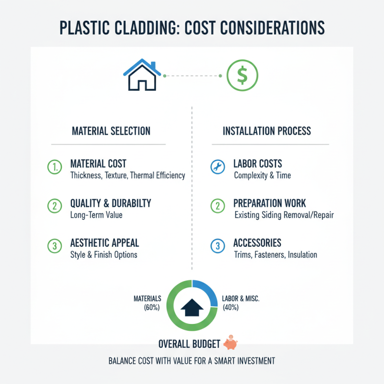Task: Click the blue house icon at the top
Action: (x=142, y=75)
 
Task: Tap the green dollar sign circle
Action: (x=242, y=75)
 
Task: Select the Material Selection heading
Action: (x=111, y=131)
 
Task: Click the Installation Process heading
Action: (x=266, y=131)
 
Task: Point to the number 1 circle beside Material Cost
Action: (x=54, y=167)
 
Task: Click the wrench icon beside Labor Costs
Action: (x=217, y=167)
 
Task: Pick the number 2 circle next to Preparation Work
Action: (x=217, y=206)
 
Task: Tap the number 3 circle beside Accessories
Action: (x=217, y=246)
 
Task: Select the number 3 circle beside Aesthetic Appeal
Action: (x=54, y=246)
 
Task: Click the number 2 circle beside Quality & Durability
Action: (x=54, y=206)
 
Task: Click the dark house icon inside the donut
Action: (x=192, y=306)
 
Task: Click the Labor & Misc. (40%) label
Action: (x=240, y=303)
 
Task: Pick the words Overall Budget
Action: (x=189, y=344)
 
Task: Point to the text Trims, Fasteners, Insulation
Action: (x=275, y=254)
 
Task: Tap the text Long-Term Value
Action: (x=96, y=215)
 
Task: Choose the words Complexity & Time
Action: (x=262, y=175)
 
